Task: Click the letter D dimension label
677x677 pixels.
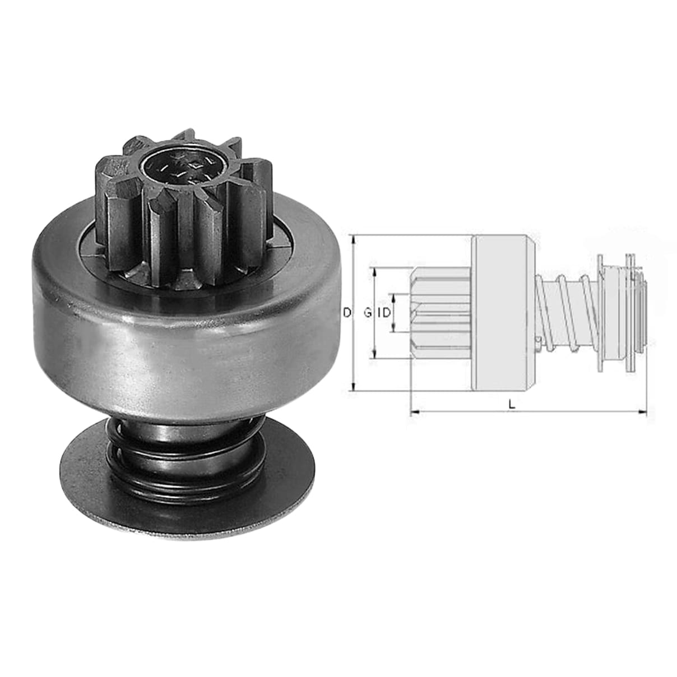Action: [347, 312]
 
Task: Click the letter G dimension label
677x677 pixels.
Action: [368, 312]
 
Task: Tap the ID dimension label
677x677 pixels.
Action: [384, 312]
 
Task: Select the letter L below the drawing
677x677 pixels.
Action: [512, 405]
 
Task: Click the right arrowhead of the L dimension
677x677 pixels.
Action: [643, 411]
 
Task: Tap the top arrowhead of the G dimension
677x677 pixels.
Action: [375, 272]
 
